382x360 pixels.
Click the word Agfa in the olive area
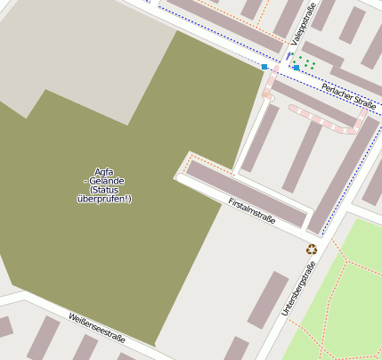(x=103, y=171)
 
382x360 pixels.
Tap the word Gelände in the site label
(x=107, y=180)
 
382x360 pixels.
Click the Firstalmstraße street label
(x=252, y=211)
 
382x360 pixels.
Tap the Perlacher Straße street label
(x=348, y=95)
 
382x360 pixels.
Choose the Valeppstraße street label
(x=303, y=27)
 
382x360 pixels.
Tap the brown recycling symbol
(x=312, y=250)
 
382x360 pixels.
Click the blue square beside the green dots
(x=297, y=68)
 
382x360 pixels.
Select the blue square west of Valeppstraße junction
(x=264, y=67)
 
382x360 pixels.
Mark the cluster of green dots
(x=305, y=63)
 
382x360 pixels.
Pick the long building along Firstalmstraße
(x=246, y=192)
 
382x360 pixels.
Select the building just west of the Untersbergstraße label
(x=268, y=299)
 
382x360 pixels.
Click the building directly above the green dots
(x=321, y=53)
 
